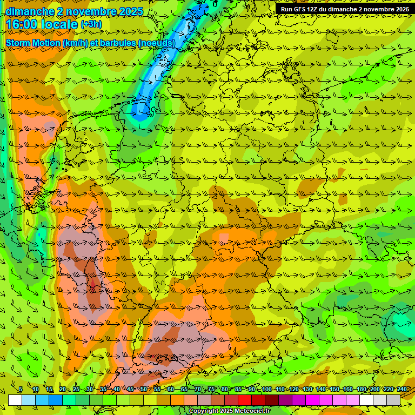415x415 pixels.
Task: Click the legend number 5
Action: pos(21,389)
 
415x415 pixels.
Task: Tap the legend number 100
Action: pos(266,389)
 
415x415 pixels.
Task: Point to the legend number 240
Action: pos(401,389)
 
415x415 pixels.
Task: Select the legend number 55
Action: pos(157,389)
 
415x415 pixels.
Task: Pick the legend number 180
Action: pos(361,389)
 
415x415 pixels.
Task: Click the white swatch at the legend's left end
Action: pos(15,400)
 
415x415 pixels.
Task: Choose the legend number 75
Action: pos(211,389)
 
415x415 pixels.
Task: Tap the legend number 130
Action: pos(307,389)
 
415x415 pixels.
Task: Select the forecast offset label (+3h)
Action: pos(91,24)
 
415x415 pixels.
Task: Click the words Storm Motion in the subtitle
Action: pos(32,43)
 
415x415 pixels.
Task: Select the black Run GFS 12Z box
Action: pos(344,9)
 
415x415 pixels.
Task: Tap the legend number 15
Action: pos(49,389)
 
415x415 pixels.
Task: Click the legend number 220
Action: pos(389,389)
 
